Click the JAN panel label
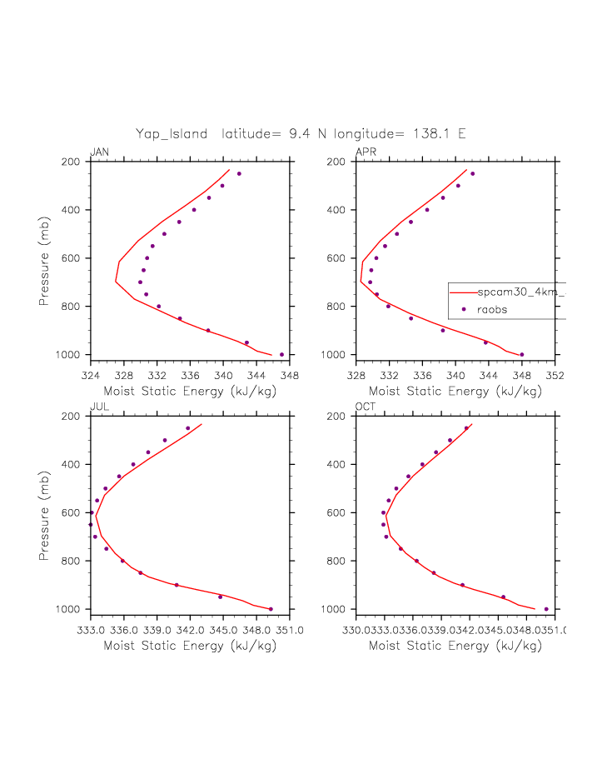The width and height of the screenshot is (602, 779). [99, 152]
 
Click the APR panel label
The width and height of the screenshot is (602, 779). [365, 152]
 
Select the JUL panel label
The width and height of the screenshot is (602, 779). [98, 407]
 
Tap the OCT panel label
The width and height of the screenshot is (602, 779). [366, 407]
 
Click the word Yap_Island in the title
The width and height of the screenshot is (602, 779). [172, 133]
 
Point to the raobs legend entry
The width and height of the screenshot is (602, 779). [492, 309]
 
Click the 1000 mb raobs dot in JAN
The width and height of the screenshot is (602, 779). [281, 354]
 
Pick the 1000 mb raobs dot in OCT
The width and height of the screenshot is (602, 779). [546, 609]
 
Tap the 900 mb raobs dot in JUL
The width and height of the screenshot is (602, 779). [177, 585]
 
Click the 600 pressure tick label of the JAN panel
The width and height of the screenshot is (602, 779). [72, 258]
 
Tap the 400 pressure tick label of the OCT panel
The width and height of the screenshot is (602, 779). [337, 464]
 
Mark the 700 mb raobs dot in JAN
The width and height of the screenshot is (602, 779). [140, 282]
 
